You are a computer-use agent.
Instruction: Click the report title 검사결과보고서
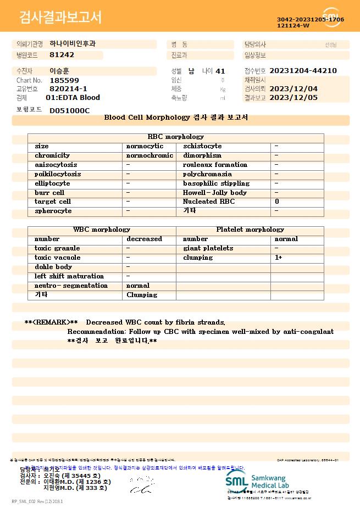60,18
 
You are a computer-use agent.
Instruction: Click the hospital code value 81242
62,55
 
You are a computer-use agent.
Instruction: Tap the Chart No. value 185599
64,80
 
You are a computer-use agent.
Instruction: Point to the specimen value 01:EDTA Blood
73,98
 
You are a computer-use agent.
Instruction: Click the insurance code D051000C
69,110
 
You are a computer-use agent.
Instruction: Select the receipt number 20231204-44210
303,71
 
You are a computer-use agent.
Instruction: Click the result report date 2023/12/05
301,98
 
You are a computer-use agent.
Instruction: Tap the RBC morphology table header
176,137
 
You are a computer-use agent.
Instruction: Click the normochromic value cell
149,155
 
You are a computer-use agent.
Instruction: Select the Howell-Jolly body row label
214,193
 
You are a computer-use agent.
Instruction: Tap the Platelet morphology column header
250,230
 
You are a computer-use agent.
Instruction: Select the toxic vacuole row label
57,258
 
